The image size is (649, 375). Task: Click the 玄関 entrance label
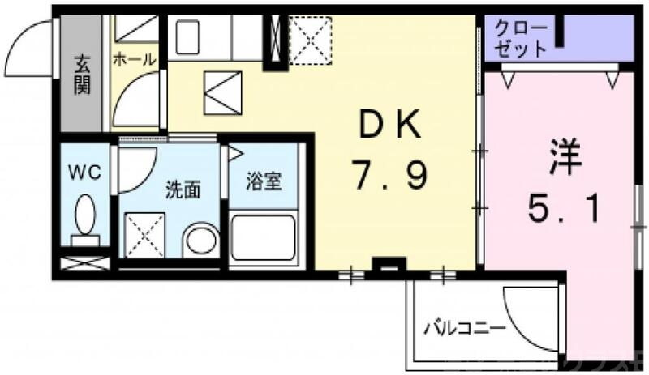point(82,75)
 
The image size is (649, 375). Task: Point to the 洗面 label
point(183,190)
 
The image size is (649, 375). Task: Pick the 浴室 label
point(264,180)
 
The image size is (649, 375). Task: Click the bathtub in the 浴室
point(264,238)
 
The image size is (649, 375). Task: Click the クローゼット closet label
point(523,37)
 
